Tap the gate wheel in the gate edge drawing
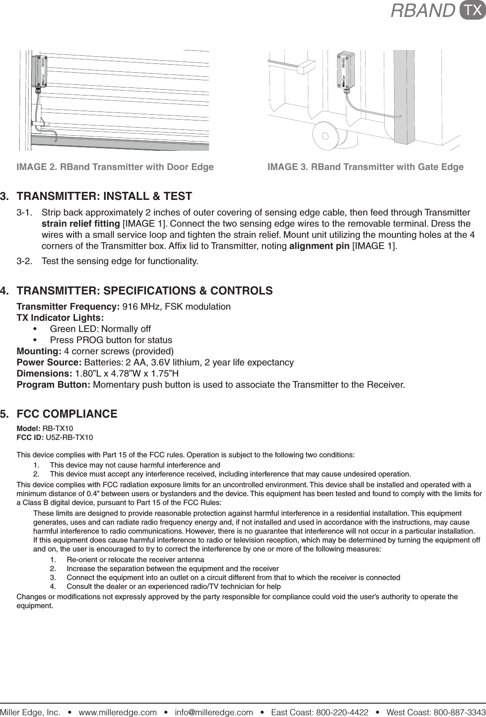326,136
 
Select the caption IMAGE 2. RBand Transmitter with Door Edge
115,167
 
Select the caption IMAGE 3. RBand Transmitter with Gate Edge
365,167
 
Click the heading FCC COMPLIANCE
67,414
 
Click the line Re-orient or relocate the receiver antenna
135,560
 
